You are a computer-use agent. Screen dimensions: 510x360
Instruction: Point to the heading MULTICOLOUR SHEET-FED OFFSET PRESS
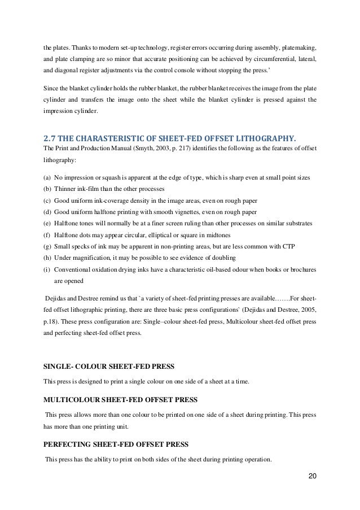pos(120,400)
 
